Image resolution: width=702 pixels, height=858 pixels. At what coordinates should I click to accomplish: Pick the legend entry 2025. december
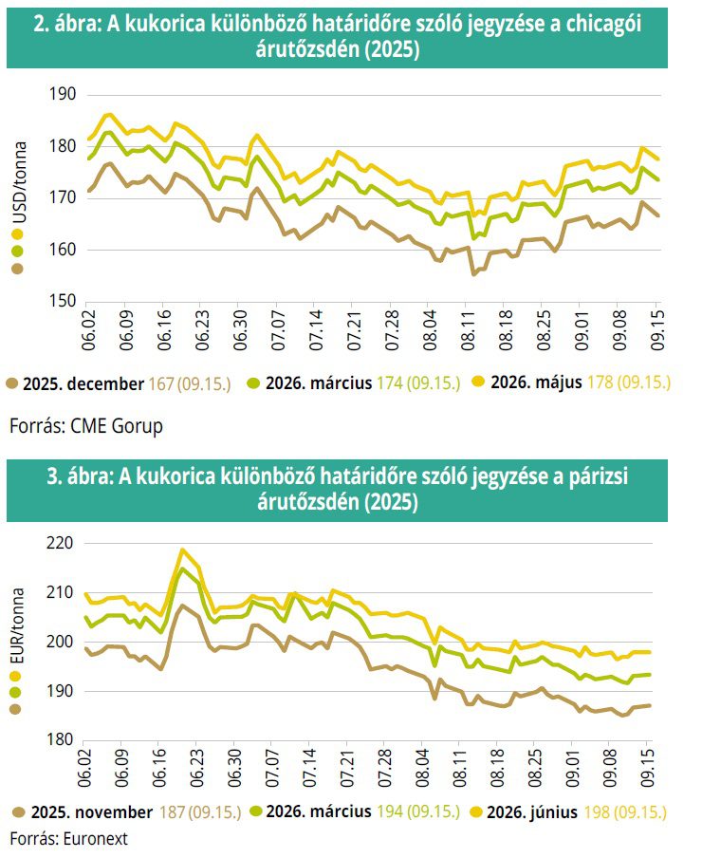86,383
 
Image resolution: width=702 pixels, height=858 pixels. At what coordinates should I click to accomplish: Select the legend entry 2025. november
90,812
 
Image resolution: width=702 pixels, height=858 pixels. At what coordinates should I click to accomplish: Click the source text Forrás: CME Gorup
86,426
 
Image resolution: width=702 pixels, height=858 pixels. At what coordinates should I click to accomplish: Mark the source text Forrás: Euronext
68,838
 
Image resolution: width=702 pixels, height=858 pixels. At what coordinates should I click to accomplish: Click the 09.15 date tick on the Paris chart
650,764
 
